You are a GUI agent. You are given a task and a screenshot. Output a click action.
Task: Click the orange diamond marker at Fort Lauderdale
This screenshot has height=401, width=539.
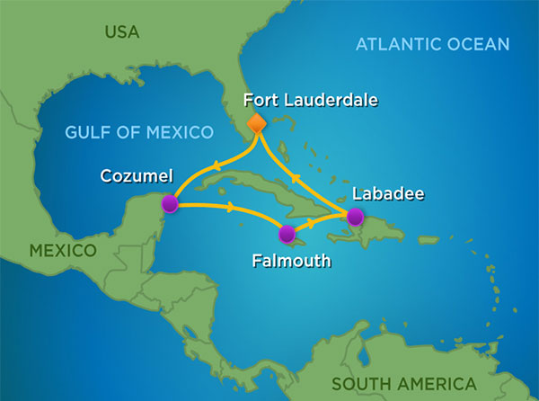[256, 122]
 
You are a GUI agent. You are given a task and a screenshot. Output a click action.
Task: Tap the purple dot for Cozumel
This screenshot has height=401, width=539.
[169, 205]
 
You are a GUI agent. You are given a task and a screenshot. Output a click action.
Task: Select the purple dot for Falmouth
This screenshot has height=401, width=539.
[287, 236]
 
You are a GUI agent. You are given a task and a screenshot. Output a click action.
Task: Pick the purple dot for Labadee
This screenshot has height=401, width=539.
[355, 216]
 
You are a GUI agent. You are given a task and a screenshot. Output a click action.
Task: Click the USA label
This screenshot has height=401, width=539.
[122, 33]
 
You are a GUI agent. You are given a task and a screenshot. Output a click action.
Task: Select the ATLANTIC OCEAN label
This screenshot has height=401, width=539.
[432, 44]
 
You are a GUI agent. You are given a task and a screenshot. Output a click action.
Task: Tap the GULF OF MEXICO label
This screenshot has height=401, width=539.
[139, 133]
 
